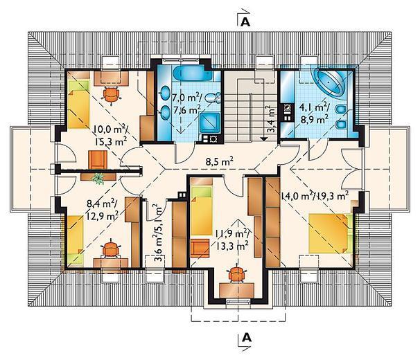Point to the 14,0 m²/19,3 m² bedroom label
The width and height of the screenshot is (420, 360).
[x=315, y=197]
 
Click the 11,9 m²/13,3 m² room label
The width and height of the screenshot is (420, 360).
[x=232, y=240]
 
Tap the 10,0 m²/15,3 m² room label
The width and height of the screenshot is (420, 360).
[x=110, y=136]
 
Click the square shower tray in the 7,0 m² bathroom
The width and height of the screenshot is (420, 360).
[x=210, y=123]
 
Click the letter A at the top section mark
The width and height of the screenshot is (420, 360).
[x=245, y=22]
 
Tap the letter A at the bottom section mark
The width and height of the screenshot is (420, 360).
[x=247, y=338]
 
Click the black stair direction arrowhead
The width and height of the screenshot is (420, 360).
[x=264, y=138]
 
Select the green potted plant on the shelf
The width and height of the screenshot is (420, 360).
[x=98, y=178]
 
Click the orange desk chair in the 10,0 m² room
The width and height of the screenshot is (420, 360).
[x=111, y=94]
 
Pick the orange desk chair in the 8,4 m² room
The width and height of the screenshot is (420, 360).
[x=111, y=249]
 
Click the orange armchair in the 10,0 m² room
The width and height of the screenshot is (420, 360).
[x=98, y=159]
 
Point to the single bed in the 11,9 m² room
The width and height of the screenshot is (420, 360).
[x=202, y=208]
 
